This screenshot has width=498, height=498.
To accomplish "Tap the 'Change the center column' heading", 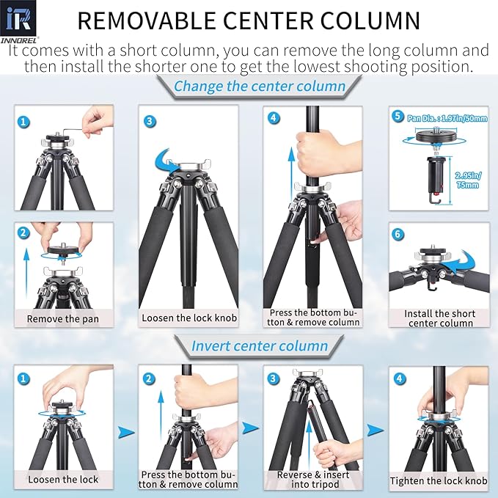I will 259,87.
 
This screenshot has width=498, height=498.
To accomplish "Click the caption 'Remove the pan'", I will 62,318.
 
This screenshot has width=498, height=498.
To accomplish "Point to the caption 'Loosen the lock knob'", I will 188,318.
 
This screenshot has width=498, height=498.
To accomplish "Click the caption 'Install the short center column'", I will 439,318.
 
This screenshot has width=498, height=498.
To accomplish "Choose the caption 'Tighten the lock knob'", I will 439,480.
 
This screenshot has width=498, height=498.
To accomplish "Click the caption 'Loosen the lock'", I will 62,480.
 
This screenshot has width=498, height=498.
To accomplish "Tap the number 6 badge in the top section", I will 398,235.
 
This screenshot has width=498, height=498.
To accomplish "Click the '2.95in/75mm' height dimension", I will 466,181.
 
